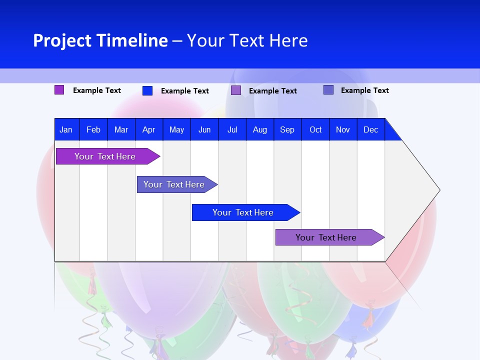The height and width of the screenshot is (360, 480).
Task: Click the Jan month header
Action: [66, 129]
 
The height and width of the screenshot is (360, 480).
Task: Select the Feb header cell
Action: [93, 129]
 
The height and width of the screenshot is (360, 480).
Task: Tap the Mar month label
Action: [121, 129]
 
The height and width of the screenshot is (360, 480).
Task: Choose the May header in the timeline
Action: [176, 129]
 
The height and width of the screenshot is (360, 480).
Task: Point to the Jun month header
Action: [204, 129]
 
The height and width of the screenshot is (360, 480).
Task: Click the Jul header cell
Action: [232, 129]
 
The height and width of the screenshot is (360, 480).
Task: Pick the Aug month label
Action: [260, 129]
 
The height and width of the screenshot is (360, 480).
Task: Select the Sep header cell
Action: [287, 129]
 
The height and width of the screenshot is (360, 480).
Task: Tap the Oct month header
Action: [315, 129]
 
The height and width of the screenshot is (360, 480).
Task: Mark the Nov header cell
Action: [343, 129]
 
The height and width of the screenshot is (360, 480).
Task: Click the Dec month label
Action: [371, 129]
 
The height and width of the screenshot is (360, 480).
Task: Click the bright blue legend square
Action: [147, 90]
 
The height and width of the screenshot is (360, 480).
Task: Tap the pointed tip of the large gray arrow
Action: [439, 190]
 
